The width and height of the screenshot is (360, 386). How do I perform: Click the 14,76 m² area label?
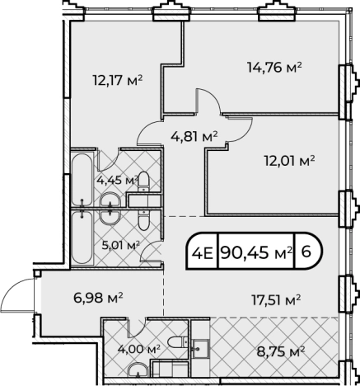[x=274, y=67]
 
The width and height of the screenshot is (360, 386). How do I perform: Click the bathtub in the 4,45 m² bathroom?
[x=82, y=177]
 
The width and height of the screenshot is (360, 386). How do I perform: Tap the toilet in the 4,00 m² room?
[x=174, y=344]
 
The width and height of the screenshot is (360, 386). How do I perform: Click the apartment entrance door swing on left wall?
[x=18, y=294]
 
